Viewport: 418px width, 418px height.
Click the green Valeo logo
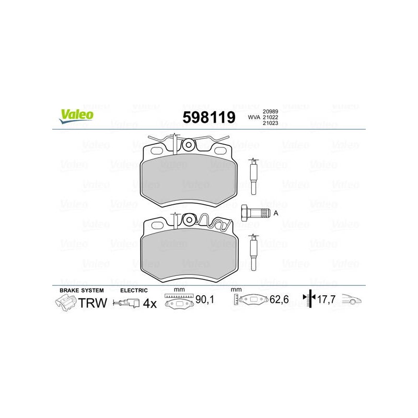pos(76,116)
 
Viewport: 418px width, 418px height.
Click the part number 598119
pos(209,117)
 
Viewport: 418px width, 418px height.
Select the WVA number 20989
pos(270,111)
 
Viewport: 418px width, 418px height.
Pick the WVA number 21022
pos(270,117)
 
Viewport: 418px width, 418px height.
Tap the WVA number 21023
pos(270,123)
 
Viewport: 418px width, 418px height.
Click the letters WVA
pos(254,117)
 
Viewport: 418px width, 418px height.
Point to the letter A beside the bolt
pos(276,213)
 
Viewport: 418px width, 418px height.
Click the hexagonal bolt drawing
pos(256,213)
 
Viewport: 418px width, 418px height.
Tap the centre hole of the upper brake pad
pos(189,145)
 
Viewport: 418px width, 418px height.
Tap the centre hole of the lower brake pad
pos(189,220)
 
